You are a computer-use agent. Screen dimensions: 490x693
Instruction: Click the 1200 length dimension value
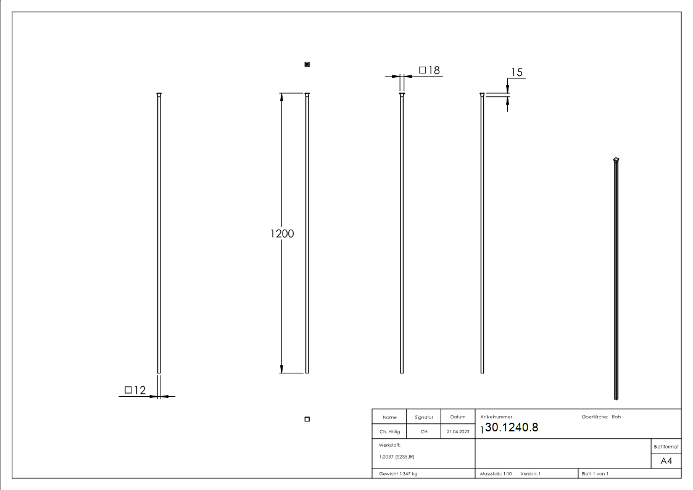282,234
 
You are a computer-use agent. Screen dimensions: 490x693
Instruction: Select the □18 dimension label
429,70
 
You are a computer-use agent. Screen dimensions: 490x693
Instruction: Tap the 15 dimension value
517,73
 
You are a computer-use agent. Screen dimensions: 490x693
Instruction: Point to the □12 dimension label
135,390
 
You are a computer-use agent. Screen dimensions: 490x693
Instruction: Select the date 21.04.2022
458,432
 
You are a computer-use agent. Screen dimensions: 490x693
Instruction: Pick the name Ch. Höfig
389,432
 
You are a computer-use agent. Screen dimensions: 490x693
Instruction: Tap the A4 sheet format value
666,462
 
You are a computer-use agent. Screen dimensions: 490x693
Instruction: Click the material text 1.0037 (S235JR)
397,456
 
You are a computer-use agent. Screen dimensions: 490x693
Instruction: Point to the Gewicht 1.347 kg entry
398,473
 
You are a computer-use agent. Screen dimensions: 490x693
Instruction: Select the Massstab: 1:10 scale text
496,473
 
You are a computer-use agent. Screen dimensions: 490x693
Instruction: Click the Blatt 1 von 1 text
595,473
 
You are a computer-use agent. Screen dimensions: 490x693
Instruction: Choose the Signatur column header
424,417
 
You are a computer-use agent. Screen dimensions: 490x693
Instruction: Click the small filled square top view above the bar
307,64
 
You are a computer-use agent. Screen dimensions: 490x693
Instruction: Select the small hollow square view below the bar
307,420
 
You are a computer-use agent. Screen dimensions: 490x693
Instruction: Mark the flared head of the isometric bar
616,160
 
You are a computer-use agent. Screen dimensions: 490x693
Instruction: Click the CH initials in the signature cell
424,432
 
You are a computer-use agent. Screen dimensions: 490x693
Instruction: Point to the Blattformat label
666,446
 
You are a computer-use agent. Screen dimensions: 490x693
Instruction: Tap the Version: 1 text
530,473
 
